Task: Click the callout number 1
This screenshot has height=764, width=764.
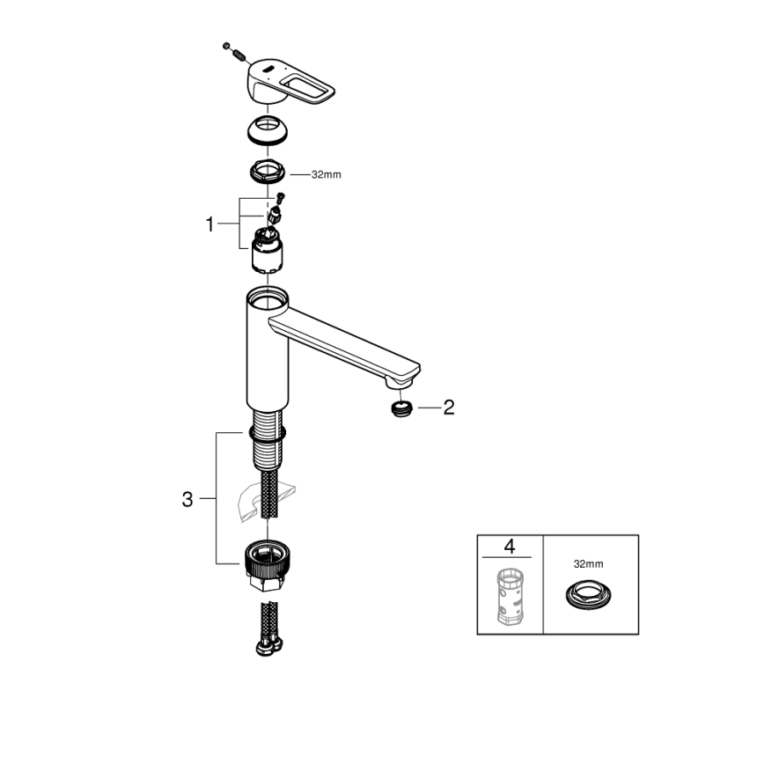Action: (x=209, y=225)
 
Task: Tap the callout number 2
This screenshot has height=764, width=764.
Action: (x=448, y=408)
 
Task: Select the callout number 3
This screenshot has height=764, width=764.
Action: (x=187, y=499)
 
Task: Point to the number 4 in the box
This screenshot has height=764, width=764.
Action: (x=509, y=547)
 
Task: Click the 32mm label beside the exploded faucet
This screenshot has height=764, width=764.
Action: (x=326, y=174)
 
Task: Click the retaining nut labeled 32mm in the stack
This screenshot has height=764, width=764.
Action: (x=268, y=171)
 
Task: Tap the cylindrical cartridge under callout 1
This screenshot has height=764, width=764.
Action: (x=267, y=252)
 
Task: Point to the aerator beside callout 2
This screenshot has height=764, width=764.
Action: (x=401, y=408)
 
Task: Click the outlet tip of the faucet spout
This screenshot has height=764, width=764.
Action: (x=400, y=380)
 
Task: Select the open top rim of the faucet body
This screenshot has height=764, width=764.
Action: (x=267, y=296)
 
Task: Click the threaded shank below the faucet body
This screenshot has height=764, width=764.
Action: (x=267, y=444)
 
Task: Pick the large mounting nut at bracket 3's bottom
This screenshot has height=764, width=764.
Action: (x=267, y=564)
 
